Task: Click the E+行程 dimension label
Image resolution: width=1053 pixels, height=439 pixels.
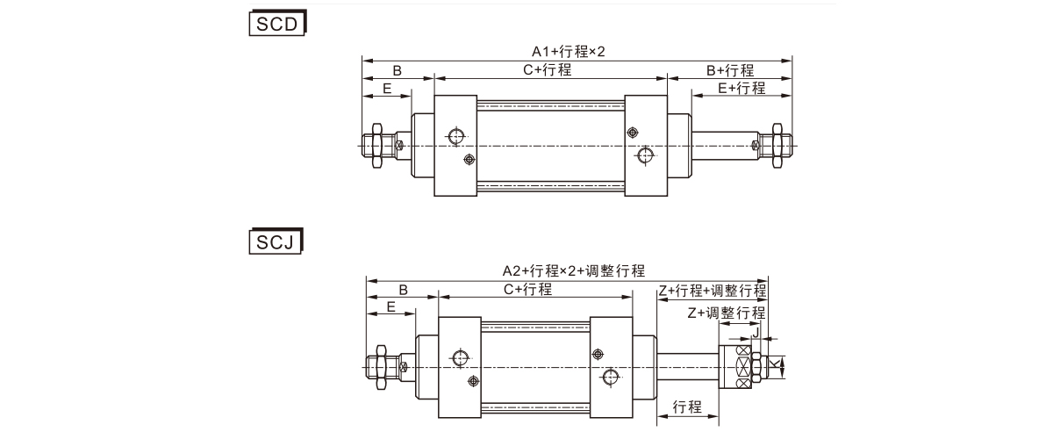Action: coord(741,88)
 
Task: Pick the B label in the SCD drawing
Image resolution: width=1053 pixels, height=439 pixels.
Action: coord(397,70)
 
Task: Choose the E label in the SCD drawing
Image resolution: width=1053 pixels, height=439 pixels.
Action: coord(386,88)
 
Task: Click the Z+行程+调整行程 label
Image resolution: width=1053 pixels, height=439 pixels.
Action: coord(713,290)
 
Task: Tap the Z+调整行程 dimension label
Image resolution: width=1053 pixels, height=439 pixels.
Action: coord(727,313)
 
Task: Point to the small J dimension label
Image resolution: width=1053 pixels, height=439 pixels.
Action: coord(756,331)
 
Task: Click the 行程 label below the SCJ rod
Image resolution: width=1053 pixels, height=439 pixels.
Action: coord(687,407)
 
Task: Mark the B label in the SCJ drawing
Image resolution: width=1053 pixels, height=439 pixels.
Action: coord(403,290)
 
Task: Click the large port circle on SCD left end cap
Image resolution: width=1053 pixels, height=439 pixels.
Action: coord(456,135)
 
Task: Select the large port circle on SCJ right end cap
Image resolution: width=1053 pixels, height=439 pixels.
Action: coord(611,377)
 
